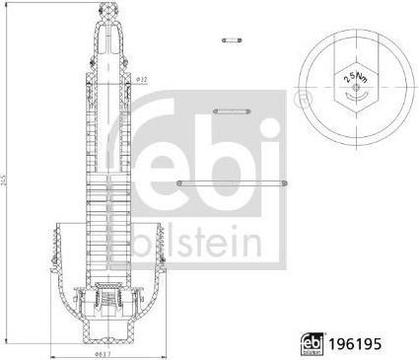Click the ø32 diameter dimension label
click(141, 78)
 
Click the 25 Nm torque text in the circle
click(349, 77)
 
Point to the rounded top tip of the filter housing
click(108, 10)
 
